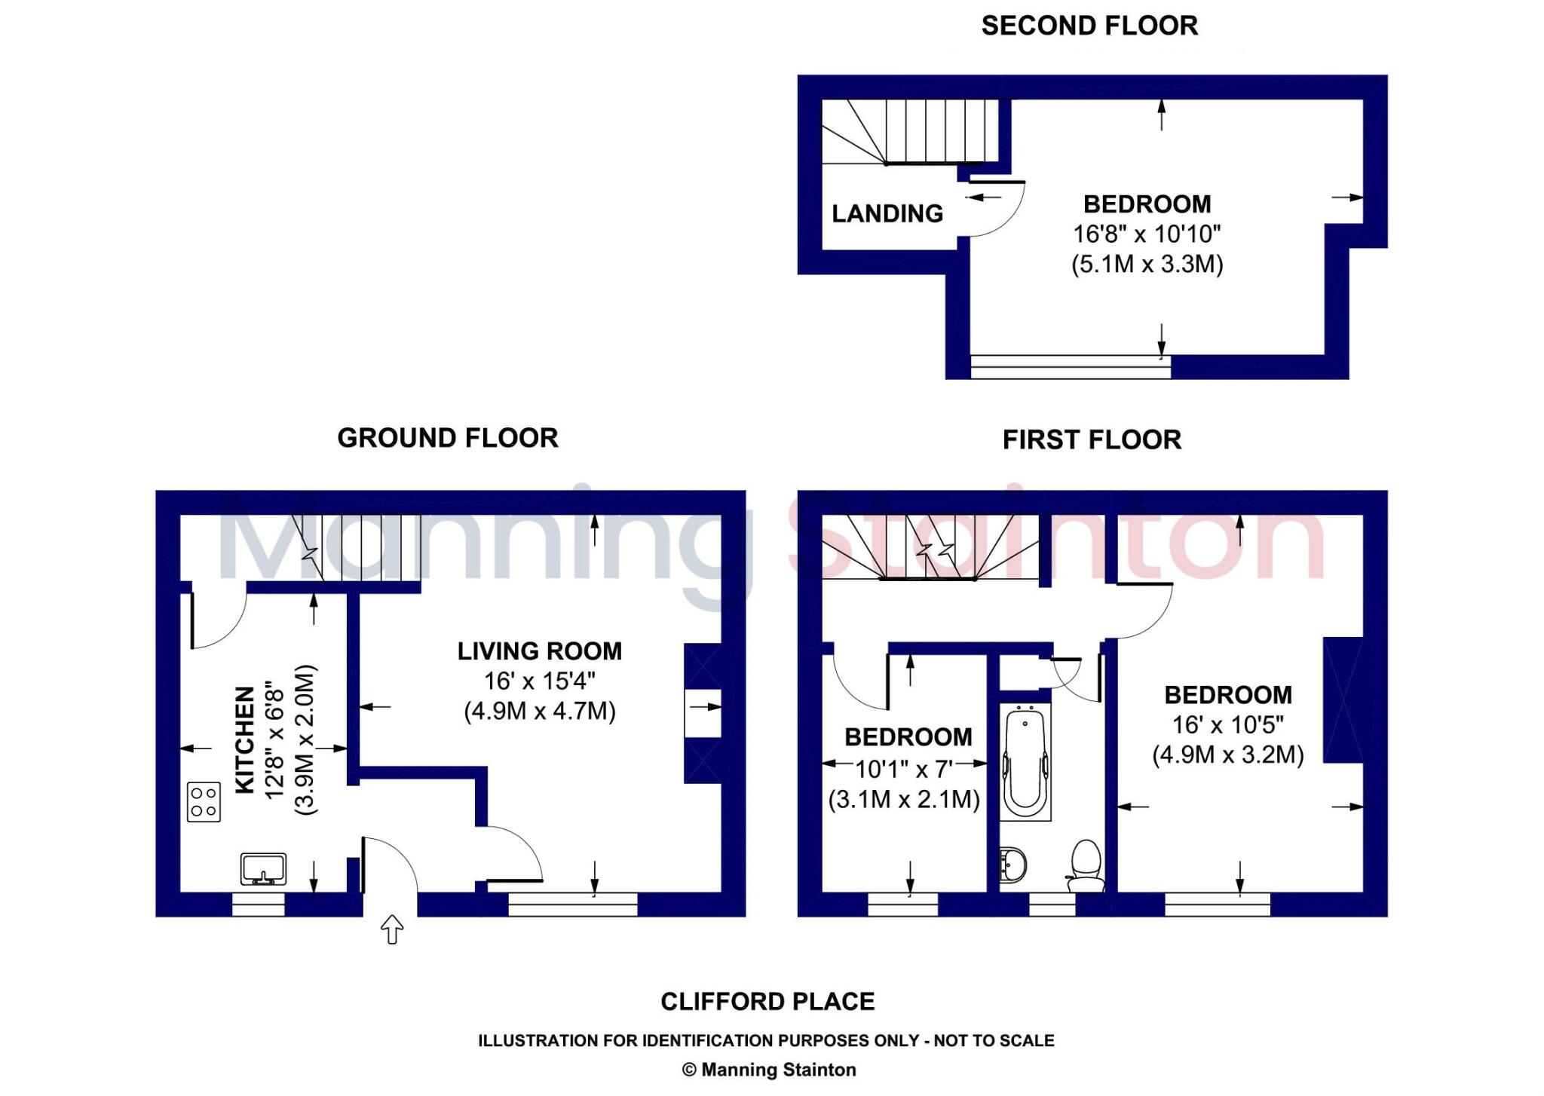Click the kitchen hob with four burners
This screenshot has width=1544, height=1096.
(204, 802)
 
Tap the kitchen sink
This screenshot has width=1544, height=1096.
(263, 869)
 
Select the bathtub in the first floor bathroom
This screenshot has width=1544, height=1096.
(1025, 763)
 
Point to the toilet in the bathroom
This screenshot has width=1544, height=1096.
(1085, 867)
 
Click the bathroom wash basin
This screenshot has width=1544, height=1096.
(1013, 865)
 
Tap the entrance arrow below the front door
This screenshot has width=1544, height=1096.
(392, 929)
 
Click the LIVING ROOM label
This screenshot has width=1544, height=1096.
(540, 651)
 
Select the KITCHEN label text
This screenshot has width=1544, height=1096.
(245, 739)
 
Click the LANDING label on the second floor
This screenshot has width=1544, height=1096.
(887, 213)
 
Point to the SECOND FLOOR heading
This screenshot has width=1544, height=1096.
(1089, 26)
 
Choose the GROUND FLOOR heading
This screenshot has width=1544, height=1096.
(448, 438)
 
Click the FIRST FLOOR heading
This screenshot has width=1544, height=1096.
(1092, 439)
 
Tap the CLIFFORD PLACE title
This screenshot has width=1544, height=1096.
(768, 1001)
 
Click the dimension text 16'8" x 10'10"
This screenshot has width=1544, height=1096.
(1147, 234)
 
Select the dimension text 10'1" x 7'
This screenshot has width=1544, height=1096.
(904, 769)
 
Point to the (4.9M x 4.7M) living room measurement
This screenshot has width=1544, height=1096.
(540, 711)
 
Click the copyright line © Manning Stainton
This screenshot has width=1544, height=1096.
(769, 1070)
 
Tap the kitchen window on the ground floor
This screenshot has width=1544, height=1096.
(258, 905)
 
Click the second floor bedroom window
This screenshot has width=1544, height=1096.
(1071, 366)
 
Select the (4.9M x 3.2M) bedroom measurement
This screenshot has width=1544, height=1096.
(1228, 755)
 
